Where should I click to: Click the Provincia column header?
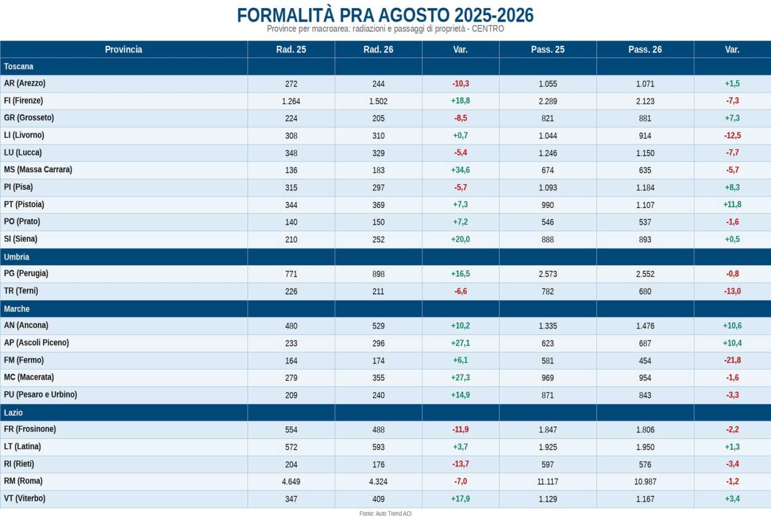[123, 50]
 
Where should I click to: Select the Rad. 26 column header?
[378, 50]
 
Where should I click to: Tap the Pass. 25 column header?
[547, 50]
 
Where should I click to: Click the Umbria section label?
[17, 257]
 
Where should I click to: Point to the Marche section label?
[17, 309]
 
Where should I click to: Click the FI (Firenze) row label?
[23, 101]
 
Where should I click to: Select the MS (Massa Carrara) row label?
[38, 170]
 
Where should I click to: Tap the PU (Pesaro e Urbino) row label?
[40, 394]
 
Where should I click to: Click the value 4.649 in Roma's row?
[291, 482]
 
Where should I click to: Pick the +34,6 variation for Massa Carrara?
[460, 170]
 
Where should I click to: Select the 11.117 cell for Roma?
[547, 482]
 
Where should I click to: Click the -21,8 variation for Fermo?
[732, 360]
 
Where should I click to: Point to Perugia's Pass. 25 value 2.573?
[547, 274]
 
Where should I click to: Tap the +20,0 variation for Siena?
[460, 239]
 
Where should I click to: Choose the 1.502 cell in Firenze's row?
[378, 101]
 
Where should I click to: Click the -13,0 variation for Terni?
[732, 291]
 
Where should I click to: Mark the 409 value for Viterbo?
[378, 499]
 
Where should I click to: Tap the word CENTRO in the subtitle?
[488, 29]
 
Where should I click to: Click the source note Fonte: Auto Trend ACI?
[385, 513]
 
